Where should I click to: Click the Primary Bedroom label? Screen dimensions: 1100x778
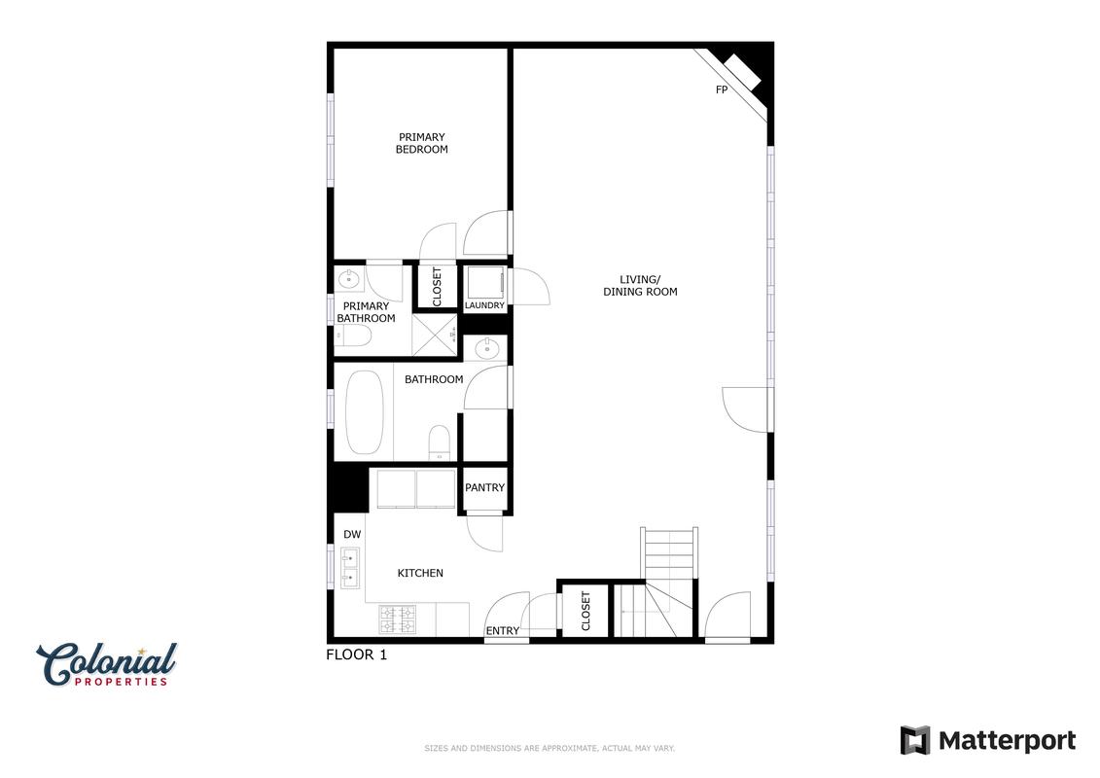point(422,143)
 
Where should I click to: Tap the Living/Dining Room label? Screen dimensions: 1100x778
point(640,286)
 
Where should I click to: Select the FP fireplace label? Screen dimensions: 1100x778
point(721,89)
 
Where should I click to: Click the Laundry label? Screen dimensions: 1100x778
point(484,305)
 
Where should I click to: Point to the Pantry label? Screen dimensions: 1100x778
point(484,487)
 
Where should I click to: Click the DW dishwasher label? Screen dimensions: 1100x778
point(352,535)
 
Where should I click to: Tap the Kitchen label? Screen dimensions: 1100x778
point(420,573)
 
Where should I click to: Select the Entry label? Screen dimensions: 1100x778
point(503,631)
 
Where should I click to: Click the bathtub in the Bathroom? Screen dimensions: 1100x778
point(365,411)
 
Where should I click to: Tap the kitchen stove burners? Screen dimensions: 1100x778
point(398,620)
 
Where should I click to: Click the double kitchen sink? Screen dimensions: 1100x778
point(350,568)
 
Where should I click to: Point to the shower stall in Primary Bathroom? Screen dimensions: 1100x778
point(434,336)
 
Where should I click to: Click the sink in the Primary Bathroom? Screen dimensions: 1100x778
point(348,280)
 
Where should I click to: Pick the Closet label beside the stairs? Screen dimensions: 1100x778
point(585,611)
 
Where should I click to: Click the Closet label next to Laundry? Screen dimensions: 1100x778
point(437,286)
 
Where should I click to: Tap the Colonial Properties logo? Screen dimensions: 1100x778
point(107,664)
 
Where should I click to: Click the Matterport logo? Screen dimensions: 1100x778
point(988,741)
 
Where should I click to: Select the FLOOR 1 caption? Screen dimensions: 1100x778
point(356,654)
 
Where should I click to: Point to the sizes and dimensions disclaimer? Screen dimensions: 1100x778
point(550,749)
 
